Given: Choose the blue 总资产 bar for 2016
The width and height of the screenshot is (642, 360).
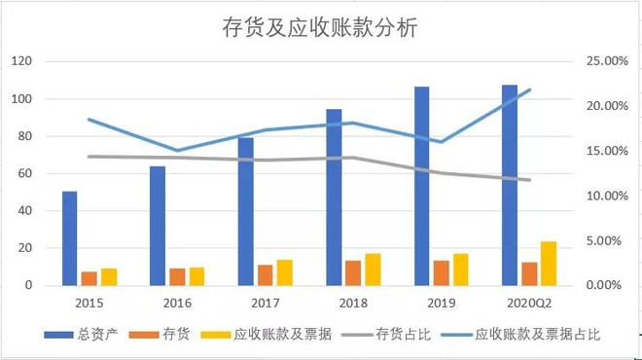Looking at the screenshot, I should tap(158, 226).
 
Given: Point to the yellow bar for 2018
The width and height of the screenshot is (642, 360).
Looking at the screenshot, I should tap(373, 269).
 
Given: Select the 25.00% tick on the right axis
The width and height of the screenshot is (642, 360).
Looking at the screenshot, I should tap(603, 61).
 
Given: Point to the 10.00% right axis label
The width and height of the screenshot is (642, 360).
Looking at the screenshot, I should tap(603, 196).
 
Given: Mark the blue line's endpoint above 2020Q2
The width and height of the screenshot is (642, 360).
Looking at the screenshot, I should tap(529, 90).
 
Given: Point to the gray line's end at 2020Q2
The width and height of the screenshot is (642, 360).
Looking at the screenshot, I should tap(529, 180).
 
